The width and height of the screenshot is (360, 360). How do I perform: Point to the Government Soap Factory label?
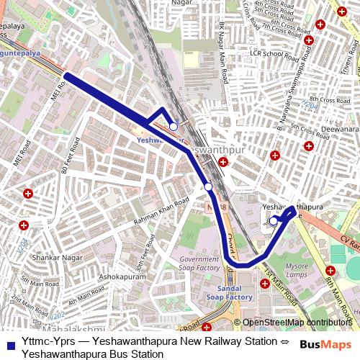coord(199,264)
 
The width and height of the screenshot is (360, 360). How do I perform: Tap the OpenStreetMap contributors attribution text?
coord(297,323)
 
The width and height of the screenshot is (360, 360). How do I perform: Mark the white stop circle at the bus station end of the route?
coord(273,221)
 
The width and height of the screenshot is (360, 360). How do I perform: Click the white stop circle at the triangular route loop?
coord(174,126)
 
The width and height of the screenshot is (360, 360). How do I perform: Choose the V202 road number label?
coord(55,316)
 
